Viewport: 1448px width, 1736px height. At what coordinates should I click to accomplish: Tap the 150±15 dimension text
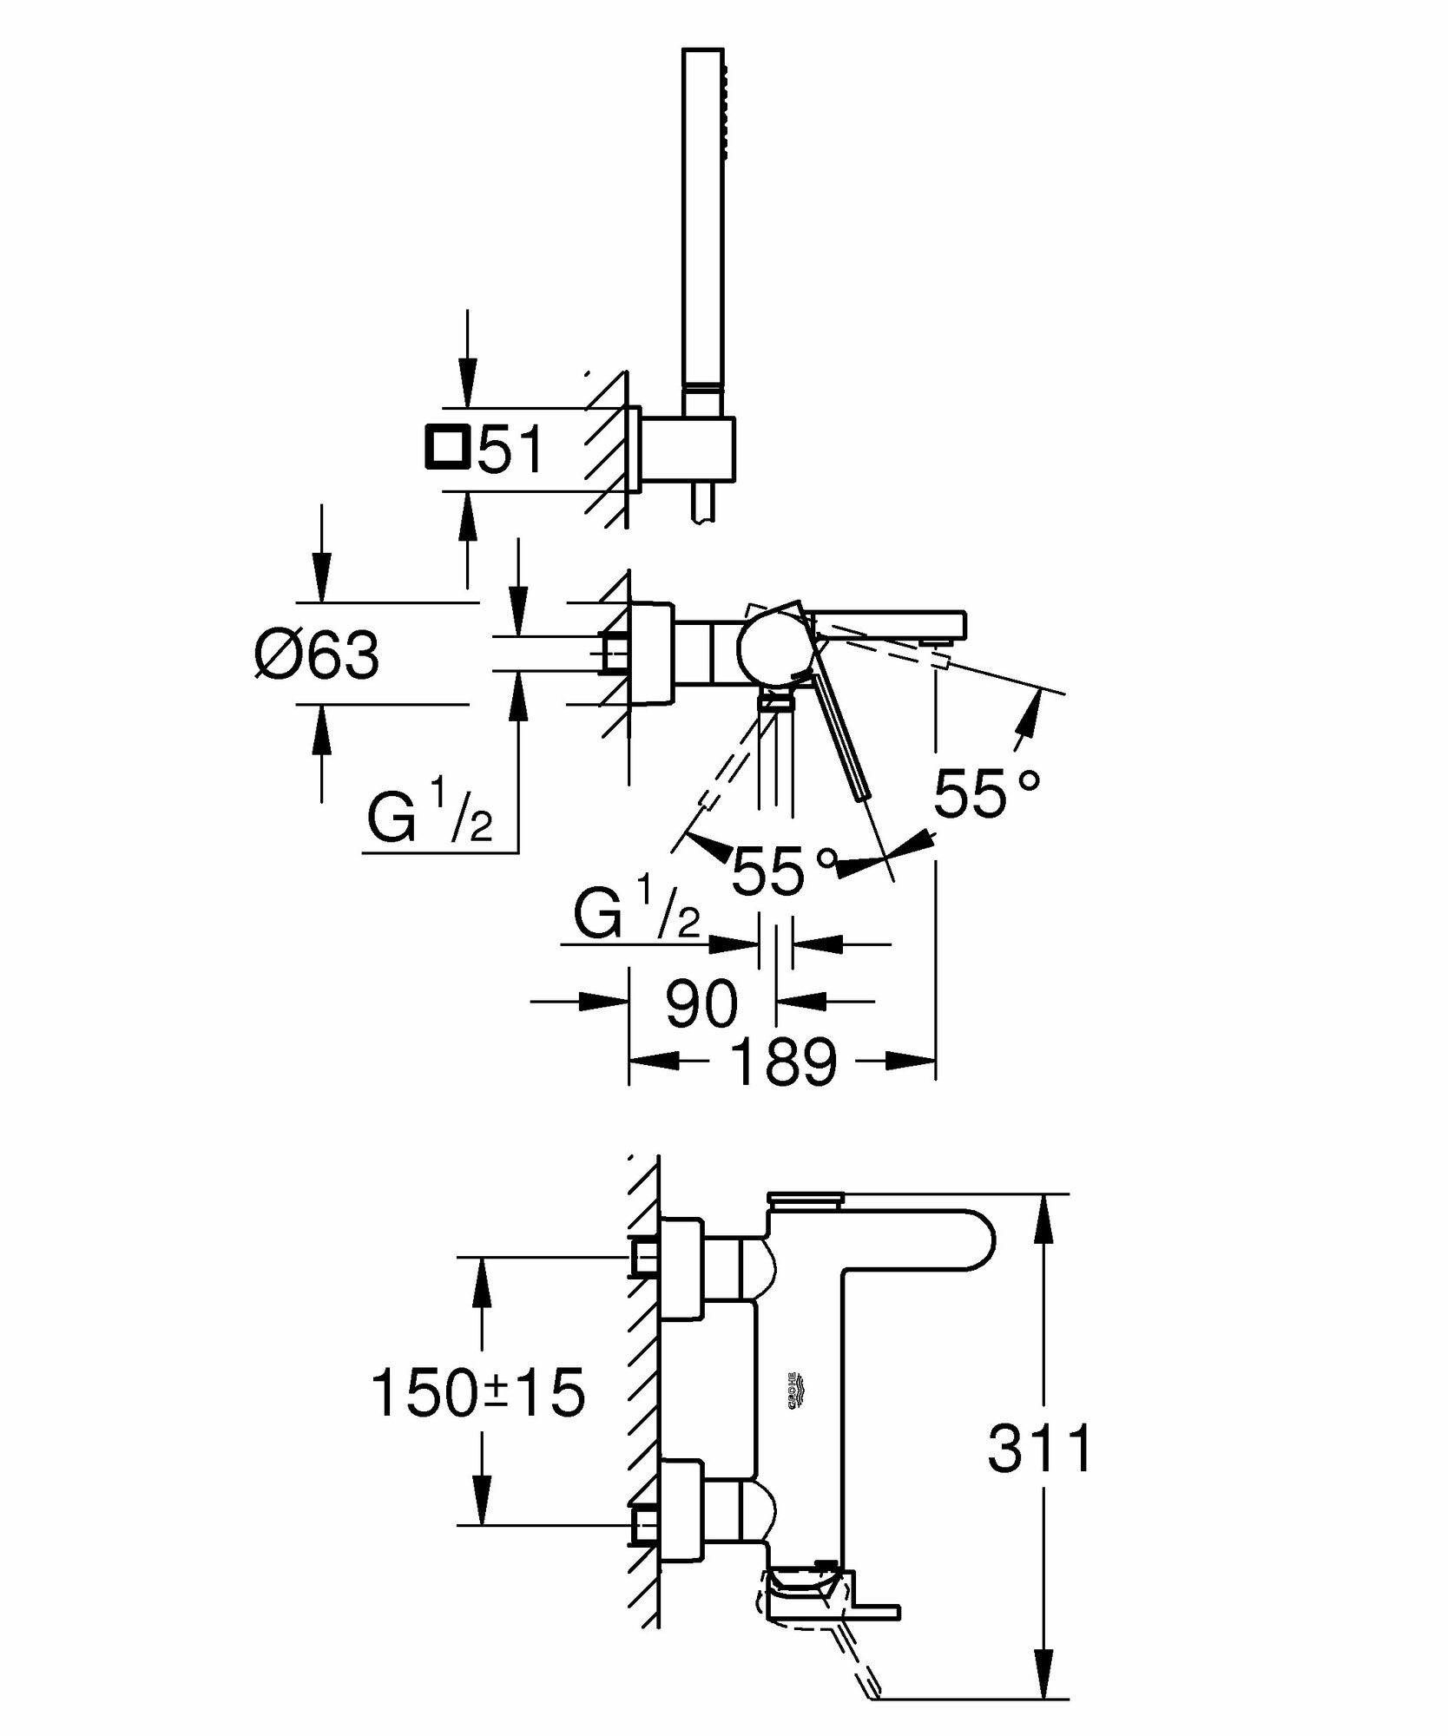click(x=477, y=1392)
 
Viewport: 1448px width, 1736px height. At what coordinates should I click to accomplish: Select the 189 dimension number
click(x=783, y=1061)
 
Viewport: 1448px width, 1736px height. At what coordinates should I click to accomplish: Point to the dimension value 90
click(x=701, y=1003)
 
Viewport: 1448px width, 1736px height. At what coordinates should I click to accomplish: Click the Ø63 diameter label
click(x=318, y=654)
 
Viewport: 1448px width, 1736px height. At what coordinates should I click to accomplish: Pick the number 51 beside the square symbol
click(x=511, y=450)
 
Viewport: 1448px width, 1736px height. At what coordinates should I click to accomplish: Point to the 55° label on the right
click(x=986, y=792)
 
